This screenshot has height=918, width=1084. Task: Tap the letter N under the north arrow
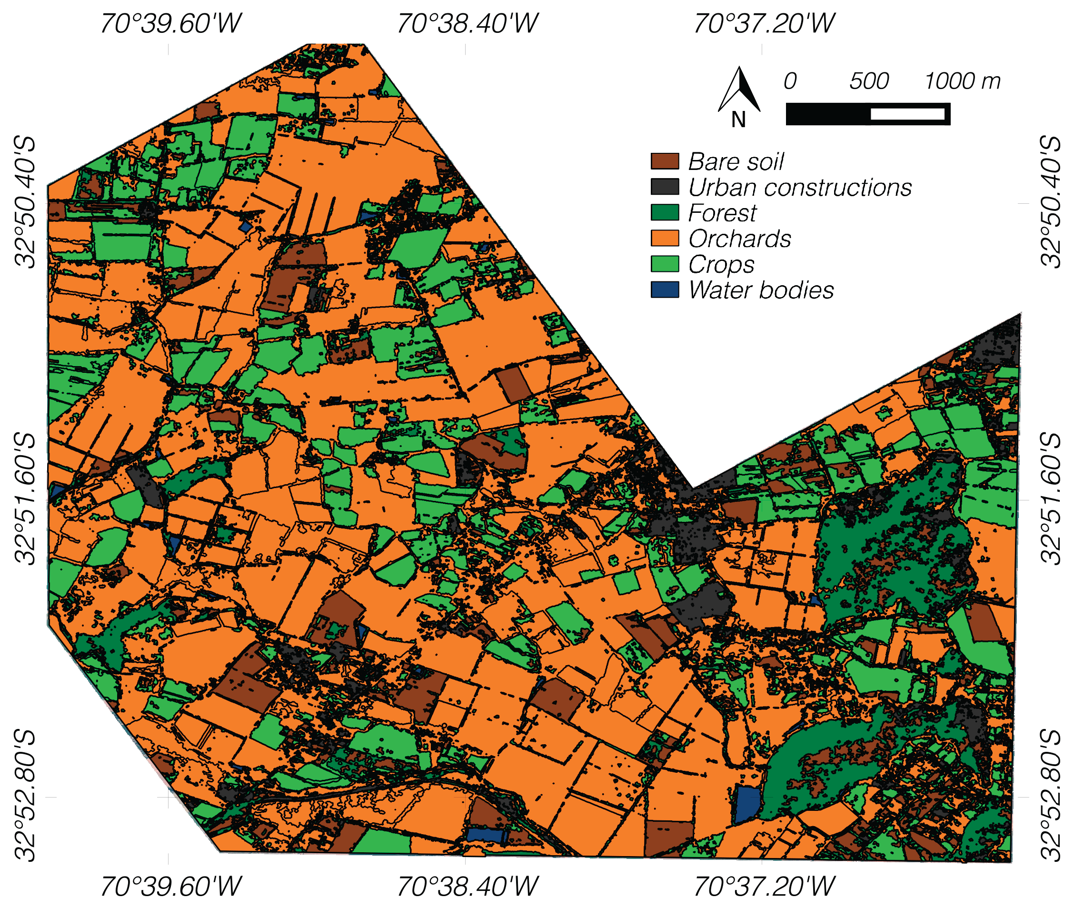738,120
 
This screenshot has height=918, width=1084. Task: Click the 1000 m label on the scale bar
962,81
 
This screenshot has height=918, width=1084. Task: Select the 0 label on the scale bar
790,81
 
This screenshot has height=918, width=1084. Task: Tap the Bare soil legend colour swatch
665,161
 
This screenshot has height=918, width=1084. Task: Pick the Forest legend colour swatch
665,213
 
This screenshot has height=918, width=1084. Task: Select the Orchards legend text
739,239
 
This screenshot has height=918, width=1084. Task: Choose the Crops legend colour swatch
665,264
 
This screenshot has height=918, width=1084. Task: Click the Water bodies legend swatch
665,290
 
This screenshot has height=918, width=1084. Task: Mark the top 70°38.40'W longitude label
467,24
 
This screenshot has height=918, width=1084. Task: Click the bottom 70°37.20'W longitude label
764,887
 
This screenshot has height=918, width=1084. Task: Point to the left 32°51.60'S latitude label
25,499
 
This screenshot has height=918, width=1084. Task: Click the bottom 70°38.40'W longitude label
467,887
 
